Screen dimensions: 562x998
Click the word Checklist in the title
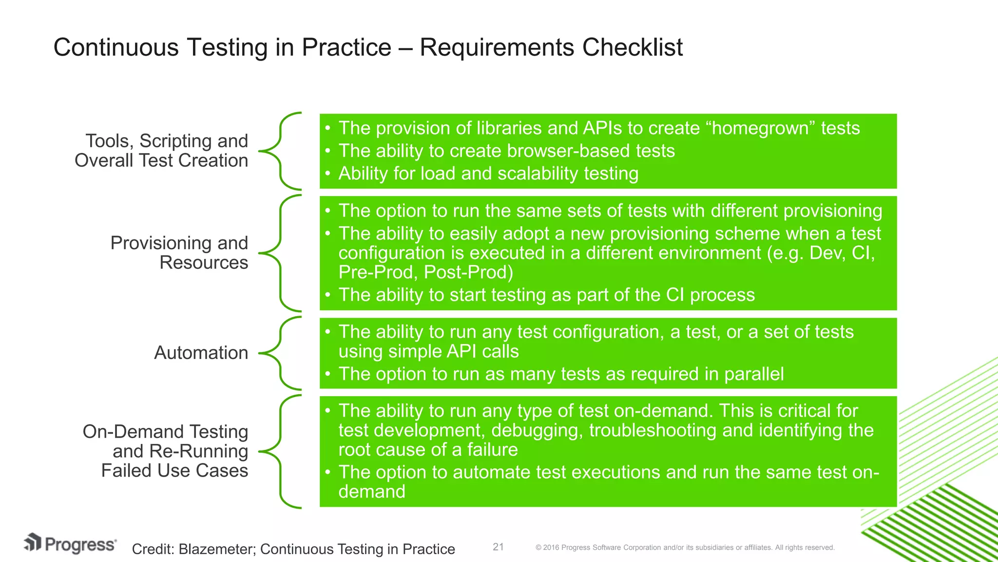click(632, 48)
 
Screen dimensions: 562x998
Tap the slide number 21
click(498, 547)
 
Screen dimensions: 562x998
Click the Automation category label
click(201, 353)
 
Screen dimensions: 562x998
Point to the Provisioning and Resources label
click(179, 253)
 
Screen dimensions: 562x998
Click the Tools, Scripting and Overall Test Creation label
click(162, 151)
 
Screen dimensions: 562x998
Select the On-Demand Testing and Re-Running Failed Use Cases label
click(166, 451)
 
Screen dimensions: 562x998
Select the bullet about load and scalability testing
click(488, 174)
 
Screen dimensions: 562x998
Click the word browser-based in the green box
click(558, 151)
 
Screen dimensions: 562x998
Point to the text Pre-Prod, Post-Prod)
click(425, 272)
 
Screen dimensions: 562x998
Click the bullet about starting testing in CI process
click(546, 295)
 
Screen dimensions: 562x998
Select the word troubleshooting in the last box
click(646, 430)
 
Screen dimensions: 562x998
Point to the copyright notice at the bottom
click(685, 548)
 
